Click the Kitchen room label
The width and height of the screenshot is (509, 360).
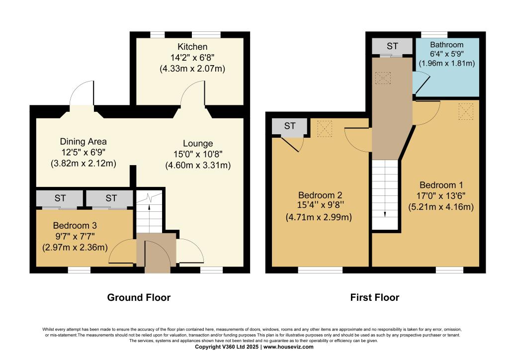(192, 47)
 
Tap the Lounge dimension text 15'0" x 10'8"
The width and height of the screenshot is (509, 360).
(198, 154)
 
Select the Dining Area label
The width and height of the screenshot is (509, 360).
(83, 142)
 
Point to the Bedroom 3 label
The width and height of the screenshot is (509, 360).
(75, 226)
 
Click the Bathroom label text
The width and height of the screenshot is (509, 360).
(447, 44)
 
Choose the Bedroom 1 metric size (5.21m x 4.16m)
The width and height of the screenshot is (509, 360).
(441, 207)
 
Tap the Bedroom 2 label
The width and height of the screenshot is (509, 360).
(320, 195)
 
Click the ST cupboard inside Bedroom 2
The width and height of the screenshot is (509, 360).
(290, 126)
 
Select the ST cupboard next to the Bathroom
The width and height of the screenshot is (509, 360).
(392, 46)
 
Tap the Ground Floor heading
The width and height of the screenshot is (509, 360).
(139, 297)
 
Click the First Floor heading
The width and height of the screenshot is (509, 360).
(375, 297)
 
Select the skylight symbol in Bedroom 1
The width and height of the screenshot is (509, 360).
(466, 111)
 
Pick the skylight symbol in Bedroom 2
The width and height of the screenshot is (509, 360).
(325, 129)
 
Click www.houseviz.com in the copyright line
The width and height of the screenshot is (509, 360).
(289, 347)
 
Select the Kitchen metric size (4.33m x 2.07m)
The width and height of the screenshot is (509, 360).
(192, 69)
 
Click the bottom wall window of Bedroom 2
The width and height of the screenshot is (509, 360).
(320, 270)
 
